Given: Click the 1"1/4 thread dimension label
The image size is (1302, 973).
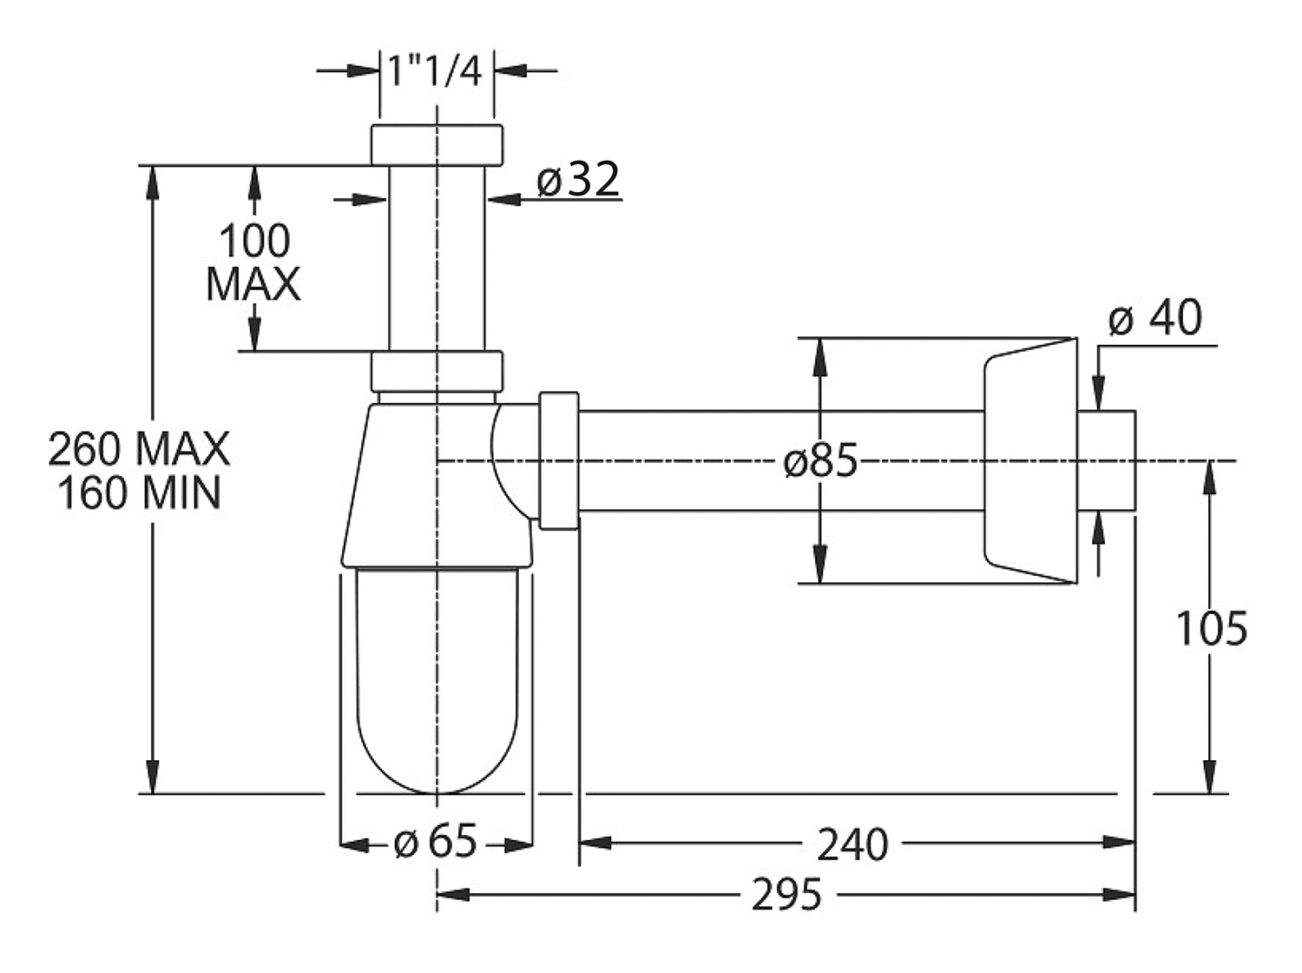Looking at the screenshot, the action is [x=434, y=71].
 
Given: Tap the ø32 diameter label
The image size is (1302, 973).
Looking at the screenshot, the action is [x=578, y=178].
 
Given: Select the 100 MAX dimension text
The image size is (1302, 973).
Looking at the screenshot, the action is [x=253, y=262].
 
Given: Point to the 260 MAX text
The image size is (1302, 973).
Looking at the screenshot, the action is [x=139, y=449].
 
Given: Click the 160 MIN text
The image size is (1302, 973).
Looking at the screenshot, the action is [x=139, y=493].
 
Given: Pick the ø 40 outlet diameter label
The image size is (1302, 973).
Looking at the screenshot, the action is [x=1154, y=317].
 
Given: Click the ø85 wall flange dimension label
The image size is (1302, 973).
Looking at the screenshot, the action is [x=820, y=460].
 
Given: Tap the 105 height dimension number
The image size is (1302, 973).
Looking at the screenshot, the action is [x=1211, y=628].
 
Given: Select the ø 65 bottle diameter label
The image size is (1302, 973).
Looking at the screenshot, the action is [x=436, y=841].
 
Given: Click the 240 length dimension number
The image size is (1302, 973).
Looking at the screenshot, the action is [x=852, y=844].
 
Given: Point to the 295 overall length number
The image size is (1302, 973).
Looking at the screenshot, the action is [x=786, y=895].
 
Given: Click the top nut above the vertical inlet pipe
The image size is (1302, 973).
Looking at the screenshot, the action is [x=437, y=145].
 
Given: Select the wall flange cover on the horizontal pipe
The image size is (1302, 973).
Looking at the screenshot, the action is [x=1030, y=460].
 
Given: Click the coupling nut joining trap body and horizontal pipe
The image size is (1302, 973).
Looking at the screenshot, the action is [x=559, y=460].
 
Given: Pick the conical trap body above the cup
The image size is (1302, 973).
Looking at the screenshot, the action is [x=437, y=486].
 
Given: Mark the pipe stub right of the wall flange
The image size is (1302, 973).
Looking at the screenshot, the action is [x=1106, y=460].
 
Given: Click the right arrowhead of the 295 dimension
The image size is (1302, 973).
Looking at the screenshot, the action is [x=1119, y=895].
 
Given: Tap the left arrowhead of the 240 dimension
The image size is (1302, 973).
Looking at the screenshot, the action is [x=595, y=843].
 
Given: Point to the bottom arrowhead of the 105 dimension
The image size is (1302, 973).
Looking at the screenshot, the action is [x=1210, y=777].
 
